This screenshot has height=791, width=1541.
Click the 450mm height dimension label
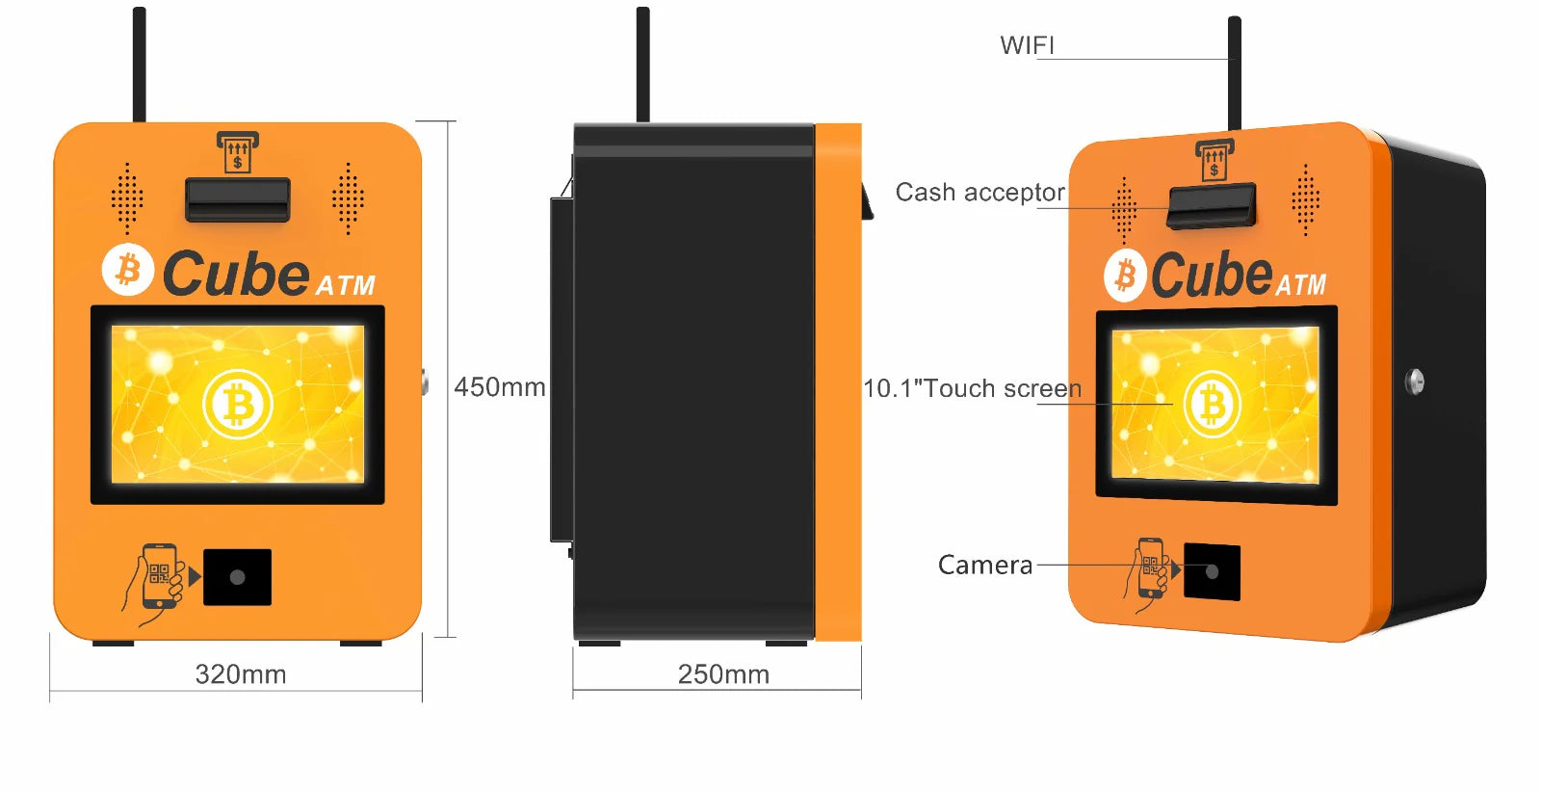point(499,387)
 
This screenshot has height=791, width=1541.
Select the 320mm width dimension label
point(241,674)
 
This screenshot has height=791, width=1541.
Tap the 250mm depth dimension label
point(723,674)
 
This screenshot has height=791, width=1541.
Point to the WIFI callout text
point(1027,45)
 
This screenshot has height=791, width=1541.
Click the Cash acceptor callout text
point(979,193)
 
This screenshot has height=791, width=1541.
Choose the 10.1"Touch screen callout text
point(972,388)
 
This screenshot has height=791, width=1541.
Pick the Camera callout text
point(984,565)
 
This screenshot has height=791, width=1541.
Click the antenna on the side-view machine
point(642,64)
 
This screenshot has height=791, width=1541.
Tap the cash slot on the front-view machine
point(238,198)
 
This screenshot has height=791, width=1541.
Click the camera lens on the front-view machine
point(237,577)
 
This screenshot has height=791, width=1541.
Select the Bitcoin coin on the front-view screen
point(238,405)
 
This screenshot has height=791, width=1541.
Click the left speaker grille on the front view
point(127,198)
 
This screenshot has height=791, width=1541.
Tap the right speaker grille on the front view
point(348,198)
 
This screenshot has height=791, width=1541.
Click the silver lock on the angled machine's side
point(1414,381)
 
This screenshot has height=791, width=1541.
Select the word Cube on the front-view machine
point(235,274)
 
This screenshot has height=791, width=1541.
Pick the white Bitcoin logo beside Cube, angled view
point(1124,276)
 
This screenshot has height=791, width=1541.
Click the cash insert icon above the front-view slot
point(237,152)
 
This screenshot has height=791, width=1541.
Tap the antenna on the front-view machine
point(139,64)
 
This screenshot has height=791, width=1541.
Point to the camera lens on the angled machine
point(1212,572)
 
